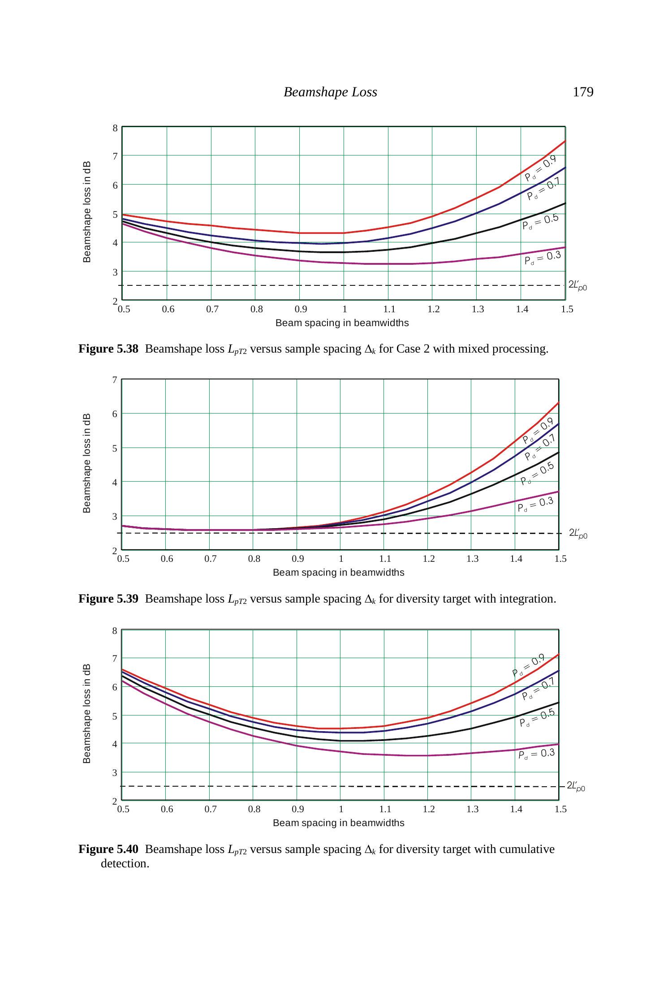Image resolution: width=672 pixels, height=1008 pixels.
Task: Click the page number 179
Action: click(x=583, y=92)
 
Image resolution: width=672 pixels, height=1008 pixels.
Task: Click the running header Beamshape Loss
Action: click(x=330, y=92)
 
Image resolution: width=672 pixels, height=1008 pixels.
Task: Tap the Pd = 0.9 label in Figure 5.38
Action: click(x=540, y=168)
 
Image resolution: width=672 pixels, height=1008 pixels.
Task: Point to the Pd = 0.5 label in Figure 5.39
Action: click(x=537, y=474)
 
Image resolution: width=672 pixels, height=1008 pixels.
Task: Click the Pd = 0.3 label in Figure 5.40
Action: click(x=536, y=754)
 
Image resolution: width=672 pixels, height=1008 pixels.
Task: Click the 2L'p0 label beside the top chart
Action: click(x=577, y=285)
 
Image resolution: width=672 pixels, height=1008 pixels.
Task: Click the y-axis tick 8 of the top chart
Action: click(x=115, y=128)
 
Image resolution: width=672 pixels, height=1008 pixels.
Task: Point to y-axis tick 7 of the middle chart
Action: click(x=115, y=380)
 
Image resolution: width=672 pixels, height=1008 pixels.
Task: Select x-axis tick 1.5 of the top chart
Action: click(x=567, y=309)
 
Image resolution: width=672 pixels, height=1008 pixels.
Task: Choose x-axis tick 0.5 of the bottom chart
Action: click(x=123, y=809)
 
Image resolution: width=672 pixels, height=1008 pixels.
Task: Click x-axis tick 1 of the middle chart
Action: click(x=341, y=559)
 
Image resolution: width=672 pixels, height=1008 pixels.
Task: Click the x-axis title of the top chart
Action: click(x=342, y=323)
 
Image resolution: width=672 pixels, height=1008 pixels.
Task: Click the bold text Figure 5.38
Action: click(x=108, y=349)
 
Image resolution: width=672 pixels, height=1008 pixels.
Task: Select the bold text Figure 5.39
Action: click(x=108, y=599)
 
